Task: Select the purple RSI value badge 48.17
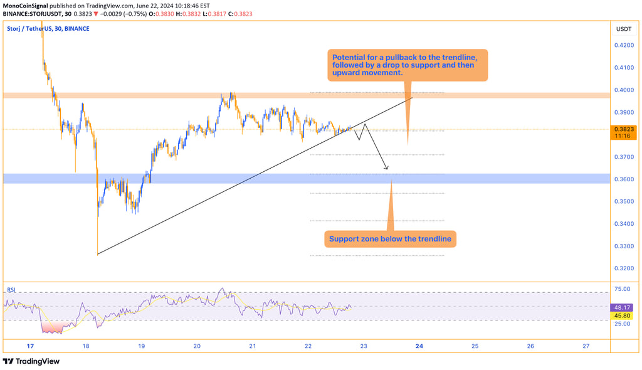(623, 308)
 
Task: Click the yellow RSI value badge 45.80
(623, 316)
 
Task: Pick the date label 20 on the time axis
(197, 346)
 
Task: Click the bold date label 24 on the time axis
(419, 346)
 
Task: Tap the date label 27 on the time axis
(586, 346)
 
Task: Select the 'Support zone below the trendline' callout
(390, 239)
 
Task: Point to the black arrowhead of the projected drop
(387, 168)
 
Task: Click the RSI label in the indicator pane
(11, 290)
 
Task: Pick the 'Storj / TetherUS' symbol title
(31, 28)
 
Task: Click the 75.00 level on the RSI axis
(623, 289)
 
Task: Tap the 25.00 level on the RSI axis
(623, 324)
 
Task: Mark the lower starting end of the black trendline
(98, 254)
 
